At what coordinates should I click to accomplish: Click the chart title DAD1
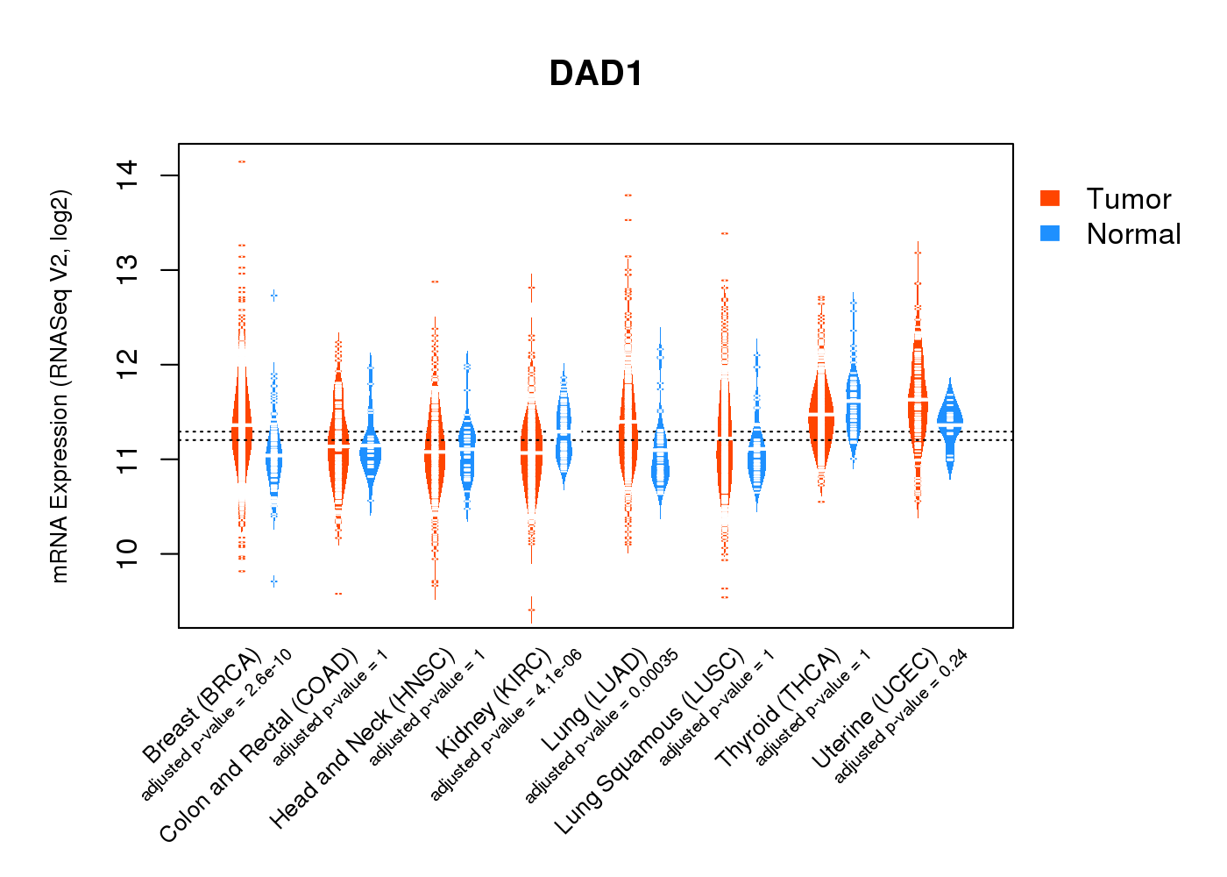point(596,74)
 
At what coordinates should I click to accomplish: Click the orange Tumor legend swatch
point(1050,198)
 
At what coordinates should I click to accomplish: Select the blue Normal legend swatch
point(1050,233)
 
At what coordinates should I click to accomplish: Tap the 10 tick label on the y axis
point(126,553)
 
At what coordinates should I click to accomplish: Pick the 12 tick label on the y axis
point(126,364)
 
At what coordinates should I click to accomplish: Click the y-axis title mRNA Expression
point(60,386)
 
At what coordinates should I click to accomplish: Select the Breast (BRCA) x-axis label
point(202,706)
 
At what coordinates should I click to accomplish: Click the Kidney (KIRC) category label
point(493,703)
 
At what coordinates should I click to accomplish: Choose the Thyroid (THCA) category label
point(777,709)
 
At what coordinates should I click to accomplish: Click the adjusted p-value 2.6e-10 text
point(216,725)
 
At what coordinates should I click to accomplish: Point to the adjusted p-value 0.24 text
point(900,717)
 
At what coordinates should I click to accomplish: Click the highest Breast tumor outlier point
point(242,161)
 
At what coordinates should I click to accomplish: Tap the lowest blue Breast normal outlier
point(273,581)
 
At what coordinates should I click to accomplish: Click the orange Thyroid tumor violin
point(821,417)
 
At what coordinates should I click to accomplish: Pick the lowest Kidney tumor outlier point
point(531,610)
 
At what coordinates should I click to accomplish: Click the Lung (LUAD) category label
point(594,702)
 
